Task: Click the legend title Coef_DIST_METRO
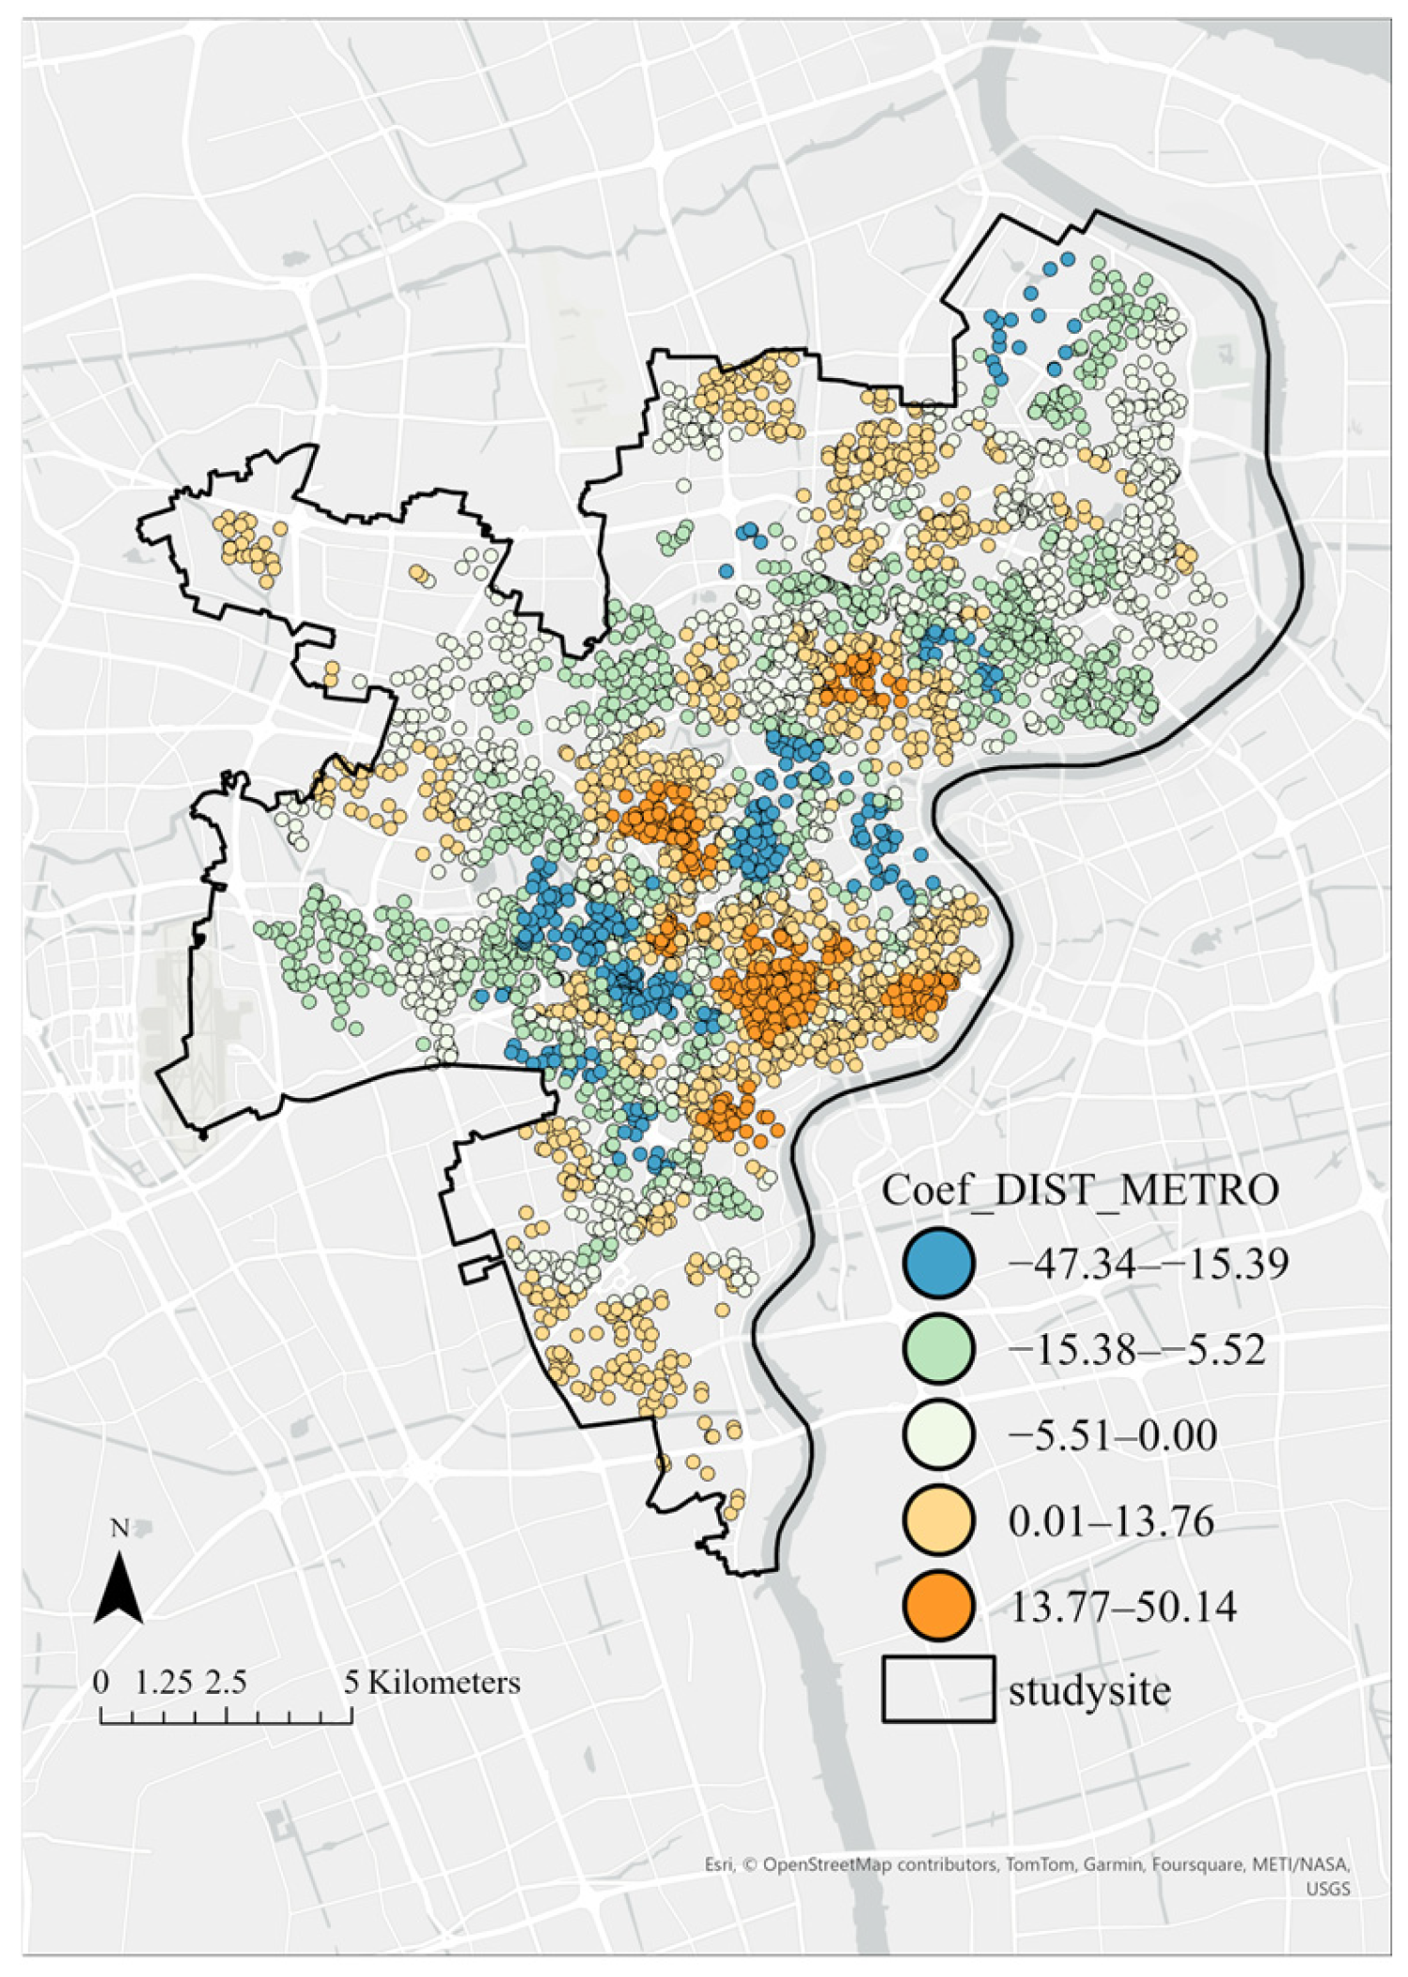[x=1079, y=1190]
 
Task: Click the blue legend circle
[x=938, y=1263]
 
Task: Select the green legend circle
[x=938, y=1349]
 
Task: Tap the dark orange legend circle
[x=938, y=1606]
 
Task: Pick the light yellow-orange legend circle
[x=938, y=1520]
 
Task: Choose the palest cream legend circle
[x=938, y=1435]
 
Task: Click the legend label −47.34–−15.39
[x=1148, y=1263]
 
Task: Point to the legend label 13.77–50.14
[x=1122, y=1607]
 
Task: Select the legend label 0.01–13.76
[x=1111, y=1521]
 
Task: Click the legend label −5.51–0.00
[x=1112, y=1436]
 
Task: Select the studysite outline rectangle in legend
[x=938, y=1689]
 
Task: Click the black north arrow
[x=118, y=1588]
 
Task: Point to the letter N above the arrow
[x=119, y=1529]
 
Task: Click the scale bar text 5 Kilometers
[x=431, y=1682]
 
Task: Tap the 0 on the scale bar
[x=102, y=1682]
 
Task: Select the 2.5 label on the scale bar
[x=227, y=1682]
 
